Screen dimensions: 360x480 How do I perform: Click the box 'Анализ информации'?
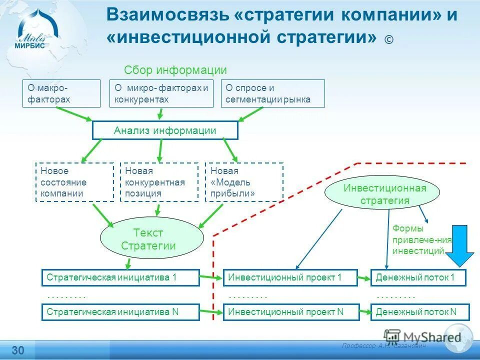point(165,130)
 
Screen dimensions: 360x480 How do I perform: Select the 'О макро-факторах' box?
point(61,93)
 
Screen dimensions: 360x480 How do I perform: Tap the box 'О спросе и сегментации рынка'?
point(272,93)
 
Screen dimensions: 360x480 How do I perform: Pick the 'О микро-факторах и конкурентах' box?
point(161,93)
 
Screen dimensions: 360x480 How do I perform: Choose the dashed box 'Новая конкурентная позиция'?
point(159,182)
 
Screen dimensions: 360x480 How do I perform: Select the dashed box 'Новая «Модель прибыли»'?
point(244,182)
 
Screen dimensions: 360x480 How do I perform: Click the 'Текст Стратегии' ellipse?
point(152,239)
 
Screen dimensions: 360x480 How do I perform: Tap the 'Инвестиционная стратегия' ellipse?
point(382,193)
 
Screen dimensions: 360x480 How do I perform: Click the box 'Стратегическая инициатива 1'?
point(120,277)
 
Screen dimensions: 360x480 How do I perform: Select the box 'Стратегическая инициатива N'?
point(120,312)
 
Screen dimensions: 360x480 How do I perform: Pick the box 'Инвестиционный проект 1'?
point(290,277)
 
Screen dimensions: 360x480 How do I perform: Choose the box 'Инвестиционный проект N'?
point(290,312)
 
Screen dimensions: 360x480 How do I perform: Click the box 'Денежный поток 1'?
point(418,277)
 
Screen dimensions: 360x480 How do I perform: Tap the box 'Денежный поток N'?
point(420,312)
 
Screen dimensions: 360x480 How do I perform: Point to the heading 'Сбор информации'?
point(175,70)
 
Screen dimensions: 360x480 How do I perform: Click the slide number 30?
point(18,349)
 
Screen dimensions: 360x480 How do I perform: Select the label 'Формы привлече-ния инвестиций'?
point(419,239)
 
